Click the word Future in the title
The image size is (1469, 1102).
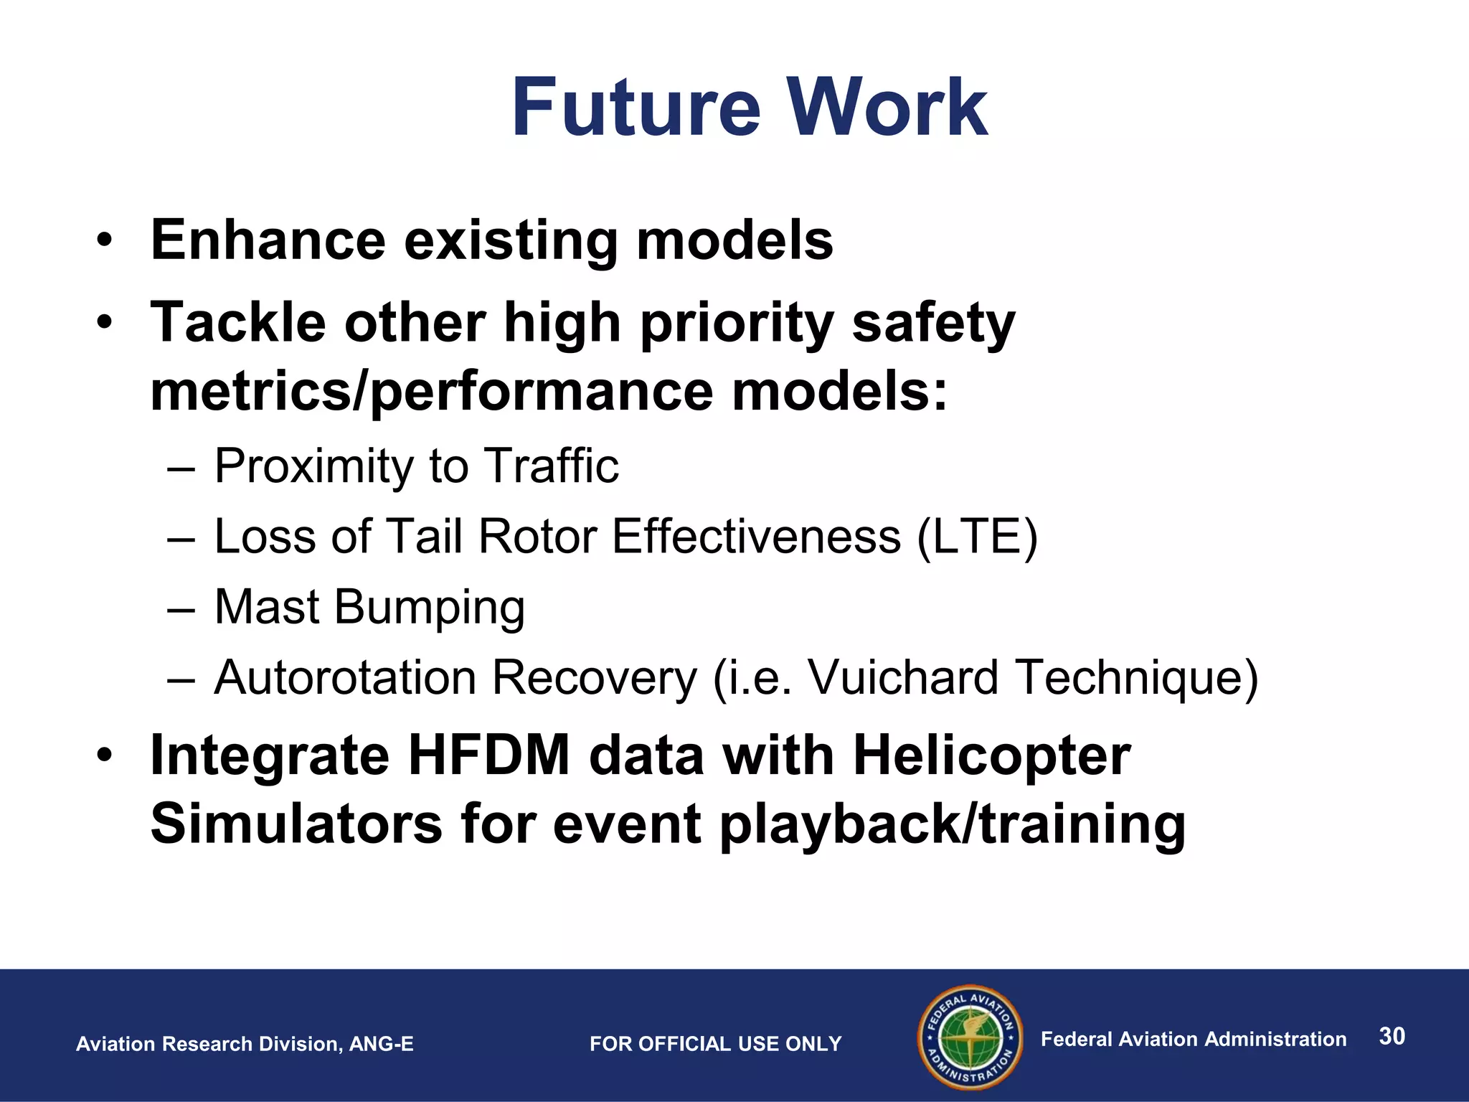[x=636, y=109]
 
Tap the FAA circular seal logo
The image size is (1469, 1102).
[x=970, y=1037]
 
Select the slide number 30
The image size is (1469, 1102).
[x=1392, y=1036]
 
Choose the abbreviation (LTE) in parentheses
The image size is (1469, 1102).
[x=977, y=536]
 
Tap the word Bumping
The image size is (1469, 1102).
[x=429, y=608]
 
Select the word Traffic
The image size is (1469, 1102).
[x=551, y=466]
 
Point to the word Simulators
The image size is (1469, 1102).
[x=296, y=824]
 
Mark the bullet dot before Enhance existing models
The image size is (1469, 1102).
[x=105, y=240]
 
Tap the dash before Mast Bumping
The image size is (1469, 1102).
[x=181, y=608]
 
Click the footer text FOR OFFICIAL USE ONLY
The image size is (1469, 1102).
[x=715, y=1044]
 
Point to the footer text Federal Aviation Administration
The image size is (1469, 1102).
[x=1193, y=1039]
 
